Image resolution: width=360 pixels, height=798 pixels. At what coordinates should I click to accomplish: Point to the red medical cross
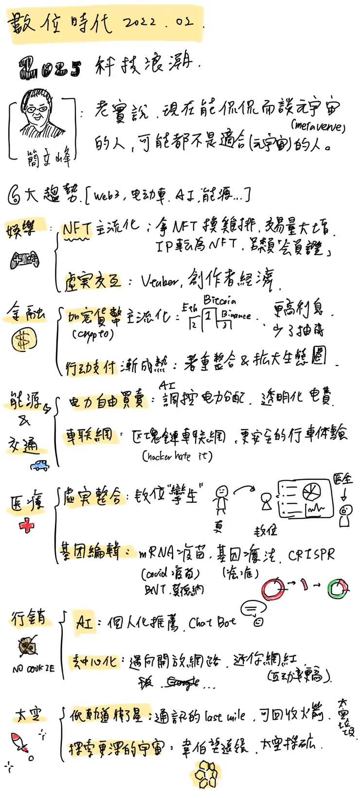pyautogui.click(x=27, y=526)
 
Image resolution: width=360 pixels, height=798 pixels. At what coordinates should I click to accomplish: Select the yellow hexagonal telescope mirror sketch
pyautogui.click(x=206, y=774)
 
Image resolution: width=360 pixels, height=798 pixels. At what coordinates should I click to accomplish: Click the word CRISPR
pyautogui.click(x=311, y=555)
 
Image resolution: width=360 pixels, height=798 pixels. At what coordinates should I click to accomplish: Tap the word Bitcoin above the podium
pyautogui.click(x=219, y=300)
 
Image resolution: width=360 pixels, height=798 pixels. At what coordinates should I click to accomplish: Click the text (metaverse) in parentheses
pyautogui.click(x=318, y=127)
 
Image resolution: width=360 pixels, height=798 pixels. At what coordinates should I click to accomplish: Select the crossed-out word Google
pyautogui.click(x=182, y=682)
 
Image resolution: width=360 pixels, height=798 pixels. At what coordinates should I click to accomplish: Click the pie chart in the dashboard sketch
pyautogui.click(x=311, y=493)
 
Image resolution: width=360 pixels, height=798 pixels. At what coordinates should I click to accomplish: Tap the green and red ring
pyautogui.click(x=337, y=589)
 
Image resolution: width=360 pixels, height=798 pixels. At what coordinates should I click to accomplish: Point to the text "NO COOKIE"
pyautogui.click(x=34, y=670)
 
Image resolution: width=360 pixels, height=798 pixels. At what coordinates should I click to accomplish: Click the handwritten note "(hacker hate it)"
pyautogui.click(x=177, y=456)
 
